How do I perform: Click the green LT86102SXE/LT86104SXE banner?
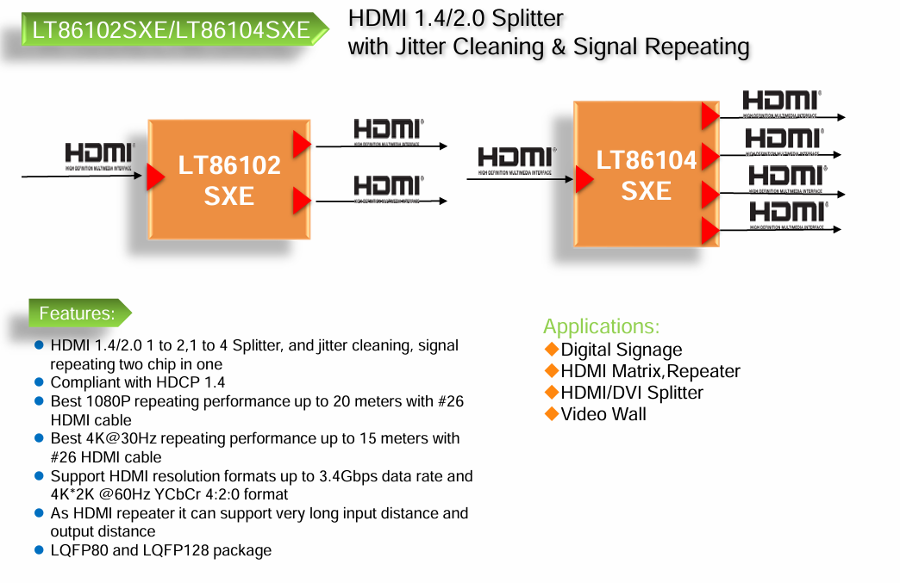(x=171, y=30)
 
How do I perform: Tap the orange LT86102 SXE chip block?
(x=229, y=180)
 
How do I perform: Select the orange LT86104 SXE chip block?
(x=646, y=174)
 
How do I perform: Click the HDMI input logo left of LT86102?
(x=99, y=156)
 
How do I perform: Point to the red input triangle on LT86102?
(x=155, y=177)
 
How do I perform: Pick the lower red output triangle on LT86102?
(x=301, y=201)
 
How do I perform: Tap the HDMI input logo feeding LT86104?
(x=515, y=159)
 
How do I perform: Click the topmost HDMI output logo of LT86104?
(x=782, y=102)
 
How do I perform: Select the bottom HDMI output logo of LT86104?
(x=787, y=214)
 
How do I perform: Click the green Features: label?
(x=78, y=313)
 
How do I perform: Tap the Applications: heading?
(x=601, y=326)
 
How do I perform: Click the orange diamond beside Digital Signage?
(x=552, y=349)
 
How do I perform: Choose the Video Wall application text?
(x=603, y=413)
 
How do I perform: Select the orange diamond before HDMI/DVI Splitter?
(x=552, y=392)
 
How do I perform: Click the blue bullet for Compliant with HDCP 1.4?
(x=39, y=381)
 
